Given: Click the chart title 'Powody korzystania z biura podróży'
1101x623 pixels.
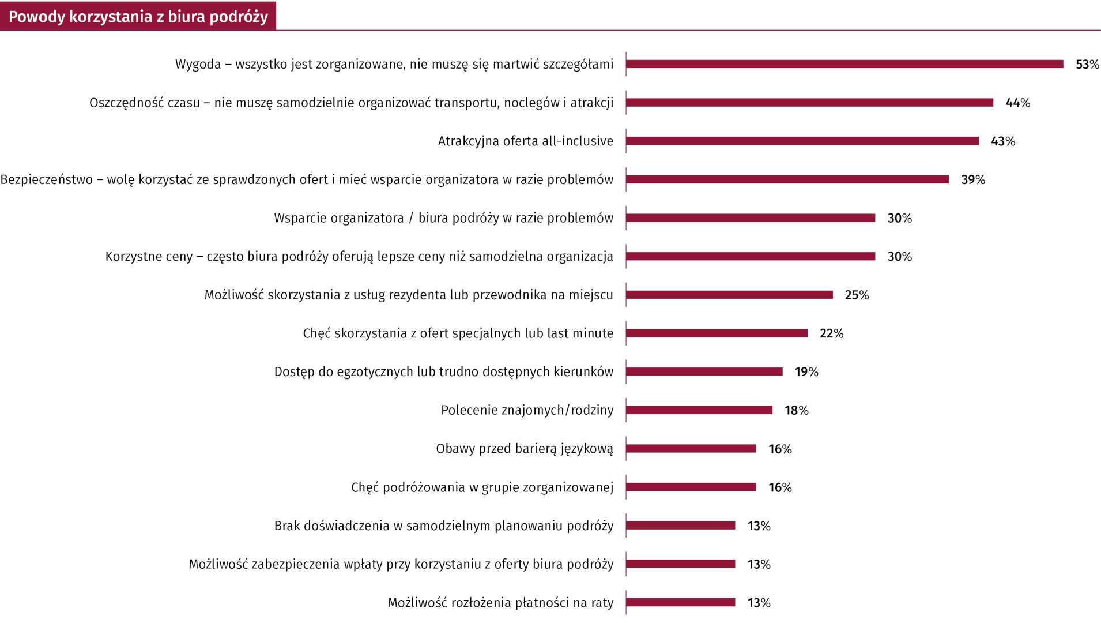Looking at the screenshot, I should coord(138,17).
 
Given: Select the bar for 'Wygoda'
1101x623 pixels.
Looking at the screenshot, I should coord(844,64).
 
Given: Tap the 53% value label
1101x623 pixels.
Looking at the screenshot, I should coord(1087,65).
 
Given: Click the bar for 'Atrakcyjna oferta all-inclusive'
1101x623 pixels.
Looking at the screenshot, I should coord(802,141).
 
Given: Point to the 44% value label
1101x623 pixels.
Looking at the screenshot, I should coord(1017,103).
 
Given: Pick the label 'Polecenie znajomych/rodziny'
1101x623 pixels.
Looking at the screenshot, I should coord(527,410).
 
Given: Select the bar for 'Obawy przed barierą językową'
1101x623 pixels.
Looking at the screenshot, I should coord(691,449).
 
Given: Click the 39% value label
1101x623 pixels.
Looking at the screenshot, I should coord(973,180).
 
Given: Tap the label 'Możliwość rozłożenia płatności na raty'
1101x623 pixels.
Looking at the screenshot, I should coord(500,603).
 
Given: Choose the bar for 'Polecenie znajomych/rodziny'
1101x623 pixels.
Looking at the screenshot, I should coord(699,410).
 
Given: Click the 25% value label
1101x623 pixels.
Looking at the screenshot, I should coord(857,295).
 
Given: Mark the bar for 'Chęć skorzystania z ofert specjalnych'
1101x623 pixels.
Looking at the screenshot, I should coord(717,333).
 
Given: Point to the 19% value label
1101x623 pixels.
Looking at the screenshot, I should coord(806,372).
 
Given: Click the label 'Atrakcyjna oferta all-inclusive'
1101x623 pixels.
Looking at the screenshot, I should coord(525,141).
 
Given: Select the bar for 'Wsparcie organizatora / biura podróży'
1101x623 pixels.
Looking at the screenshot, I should coord(751,218).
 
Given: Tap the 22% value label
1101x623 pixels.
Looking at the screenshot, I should coord(831,333).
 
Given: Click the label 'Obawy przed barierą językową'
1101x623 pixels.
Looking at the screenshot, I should coord(524,449).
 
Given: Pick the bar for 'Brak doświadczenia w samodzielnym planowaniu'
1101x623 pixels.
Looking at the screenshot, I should coord(681,526).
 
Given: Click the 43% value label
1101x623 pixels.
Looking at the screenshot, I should coord(1003,141).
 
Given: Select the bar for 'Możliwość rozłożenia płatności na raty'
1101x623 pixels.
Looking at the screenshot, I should coord(681,603).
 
